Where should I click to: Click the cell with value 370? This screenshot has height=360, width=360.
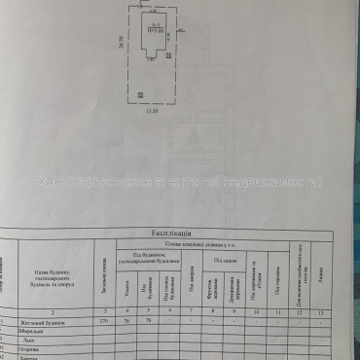(104, 321)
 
